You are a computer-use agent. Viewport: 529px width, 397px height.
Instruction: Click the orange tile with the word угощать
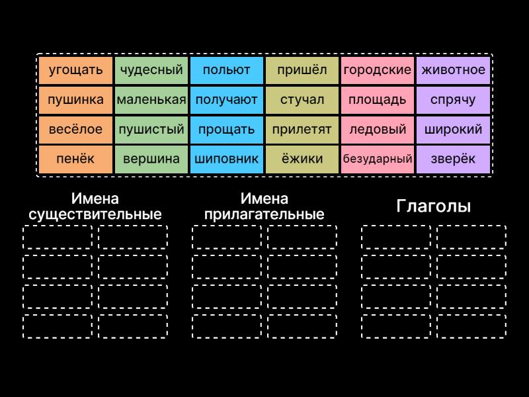pos(76,70)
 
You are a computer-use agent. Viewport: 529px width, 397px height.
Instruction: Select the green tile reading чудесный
pos(151,70)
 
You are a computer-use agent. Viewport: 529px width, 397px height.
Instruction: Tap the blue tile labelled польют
pos(227,70)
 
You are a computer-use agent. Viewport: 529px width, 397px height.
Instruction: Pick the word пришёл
pos(302,70)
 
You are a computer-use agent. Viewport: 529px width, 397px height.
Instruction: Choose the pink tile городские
pos(378,70)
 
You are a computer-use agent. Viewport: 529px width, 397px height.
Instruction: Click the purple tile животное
pos(453,70)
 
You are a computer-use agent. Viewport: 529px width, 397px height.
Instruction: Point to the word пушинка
pos(76,100)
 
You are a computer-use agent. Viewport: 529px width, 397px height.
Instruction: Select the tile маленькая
pos(151,100)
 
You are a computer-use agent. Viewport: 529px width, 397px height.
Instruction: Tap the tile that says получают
pos(227,100)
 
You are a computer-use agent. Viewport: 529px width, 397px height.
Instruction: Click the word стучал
pos(302,100)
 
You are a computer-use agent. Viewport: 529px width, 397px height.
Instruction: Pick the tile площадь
pos(378,100)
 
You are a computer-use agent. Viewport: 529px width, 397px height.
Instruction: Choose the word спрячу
pos(453,100)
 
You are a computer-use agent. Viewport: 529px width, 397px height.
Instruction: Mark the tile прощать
pos(227,130)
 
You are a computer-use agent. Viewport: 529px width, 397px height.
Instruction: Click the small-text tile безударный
pos(378,159)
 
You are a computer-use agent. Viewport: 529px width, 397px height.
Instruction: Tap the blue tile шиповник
pos(227,159)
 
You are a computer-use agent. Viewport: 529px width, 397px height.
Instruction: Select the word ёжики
pos(302,159)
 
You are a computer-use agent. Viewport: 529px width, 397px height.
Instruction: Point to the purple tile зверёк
pos(453,159)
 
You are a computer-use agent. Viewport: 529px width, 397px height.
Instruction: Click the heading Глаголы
pos(433,206)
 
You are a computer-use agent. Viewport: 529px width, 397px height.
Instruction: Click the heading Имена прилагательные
pos(264,206)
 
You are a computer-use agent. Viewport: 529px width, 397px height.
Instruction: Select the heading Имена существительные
pos(95,206)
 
